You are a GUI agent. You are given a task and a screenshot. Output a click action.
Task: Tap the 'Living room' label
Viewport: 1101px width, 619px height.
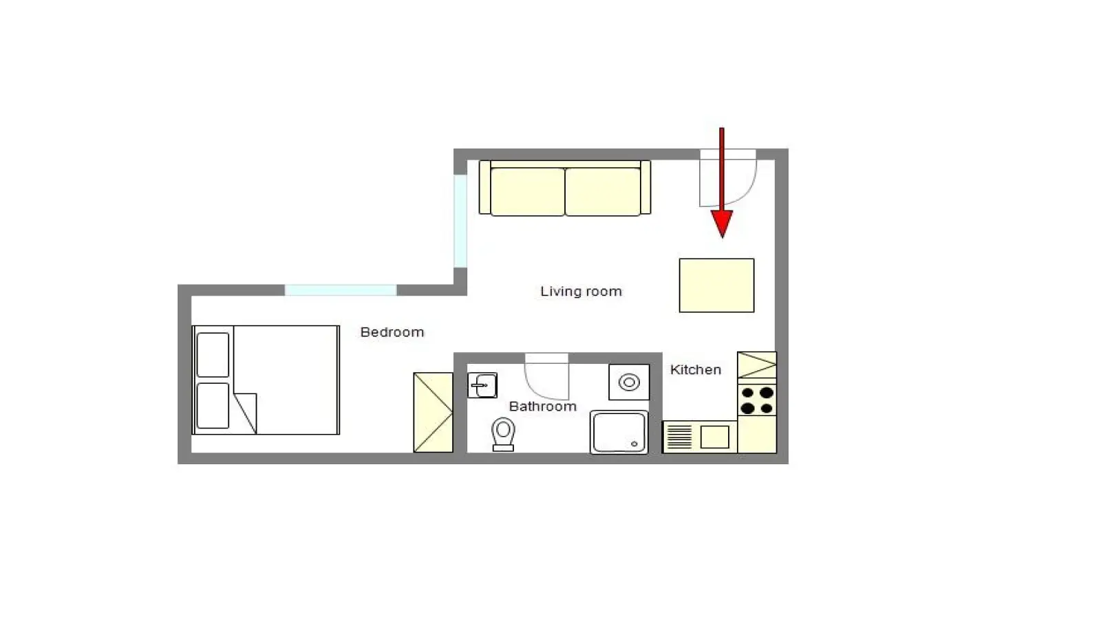click(x=581, y=292)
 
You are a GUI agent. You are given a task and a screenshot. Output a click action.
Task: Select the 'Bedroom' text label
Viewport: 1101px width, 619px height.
click(x=392, y=332)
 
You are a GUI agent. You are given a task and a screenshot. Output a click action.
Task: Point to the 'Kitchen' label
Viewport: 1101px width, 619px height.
click(x=696, y=369)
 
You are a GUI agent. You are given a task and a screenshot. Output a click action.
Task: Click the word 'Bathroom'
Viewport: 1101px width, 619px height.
click(x=543, y=406)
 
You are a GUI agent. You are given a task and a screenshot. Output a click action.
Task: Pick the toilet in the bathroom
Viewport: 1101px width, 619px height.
click(x=503, y=434)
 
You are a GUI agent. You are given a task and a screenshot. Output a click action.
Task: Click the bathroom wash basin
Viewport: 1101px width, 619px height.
click(x=482, y=385)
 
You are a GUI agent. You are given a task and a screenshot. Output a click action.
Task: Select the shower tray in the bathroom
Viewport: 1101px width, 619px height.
click(x=619, y=433)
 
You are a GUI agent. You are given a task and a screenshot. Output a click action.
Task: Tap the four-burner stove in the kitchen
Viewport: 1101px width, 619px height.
click(x=757, y=400)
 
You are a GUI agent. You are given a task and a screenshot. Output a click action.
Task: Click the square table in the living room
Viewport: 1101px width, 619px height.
click(x=716, y=285)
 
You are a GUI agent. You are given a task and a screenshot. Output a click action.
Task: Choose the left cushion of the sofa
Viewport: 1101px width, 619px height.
click(x=527, y=192)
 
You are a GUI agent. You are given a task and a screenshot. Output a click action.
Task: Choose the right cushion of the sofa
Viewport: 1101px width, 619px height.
click(x=603, y=192)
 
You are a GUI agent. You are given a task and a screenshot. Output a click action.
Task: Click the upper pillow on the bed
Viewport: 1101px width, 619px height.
click(x=213, y=355)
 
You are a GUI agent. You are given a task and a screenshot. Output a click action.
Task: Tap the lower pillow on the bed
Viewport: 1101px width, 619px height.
click(x=213, y=406)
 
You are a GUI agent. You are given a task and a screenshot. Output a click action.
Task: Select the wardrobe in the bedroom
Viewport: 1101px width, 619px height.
click(x=433, y=412)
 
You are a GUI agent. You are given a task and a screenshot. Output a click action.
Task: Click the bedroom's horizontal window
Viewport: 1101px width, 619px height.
click(x=341, y=290)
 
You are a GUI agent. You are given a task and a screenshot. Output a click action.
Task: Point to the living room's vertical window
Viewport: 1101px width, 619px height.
click(x=460, y=221)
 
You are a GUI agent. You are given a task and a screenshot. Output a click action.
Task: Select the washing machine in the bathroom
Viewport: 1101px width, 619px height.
click(x=629, y=382)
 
